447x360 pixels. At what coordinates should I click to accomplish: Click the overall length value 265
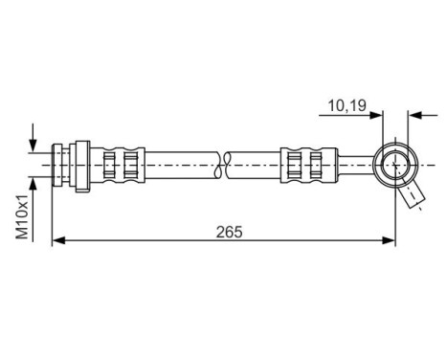point(230,231)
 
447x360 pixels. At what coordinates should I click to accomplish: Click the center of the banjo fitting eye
point(394,165)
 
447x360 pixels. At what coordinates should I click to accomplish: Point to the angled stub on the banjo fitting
point(413,196)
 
